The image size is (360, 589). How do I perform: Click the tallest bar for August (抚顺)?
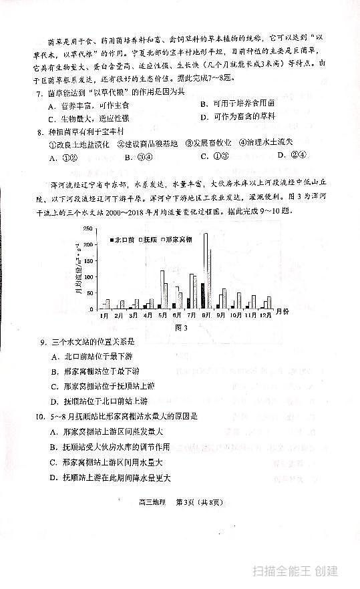[206, 270]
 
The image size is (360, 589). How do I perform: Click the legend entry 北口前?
[123, 238]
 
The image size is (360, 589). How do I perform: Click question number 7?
[39, 91]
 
